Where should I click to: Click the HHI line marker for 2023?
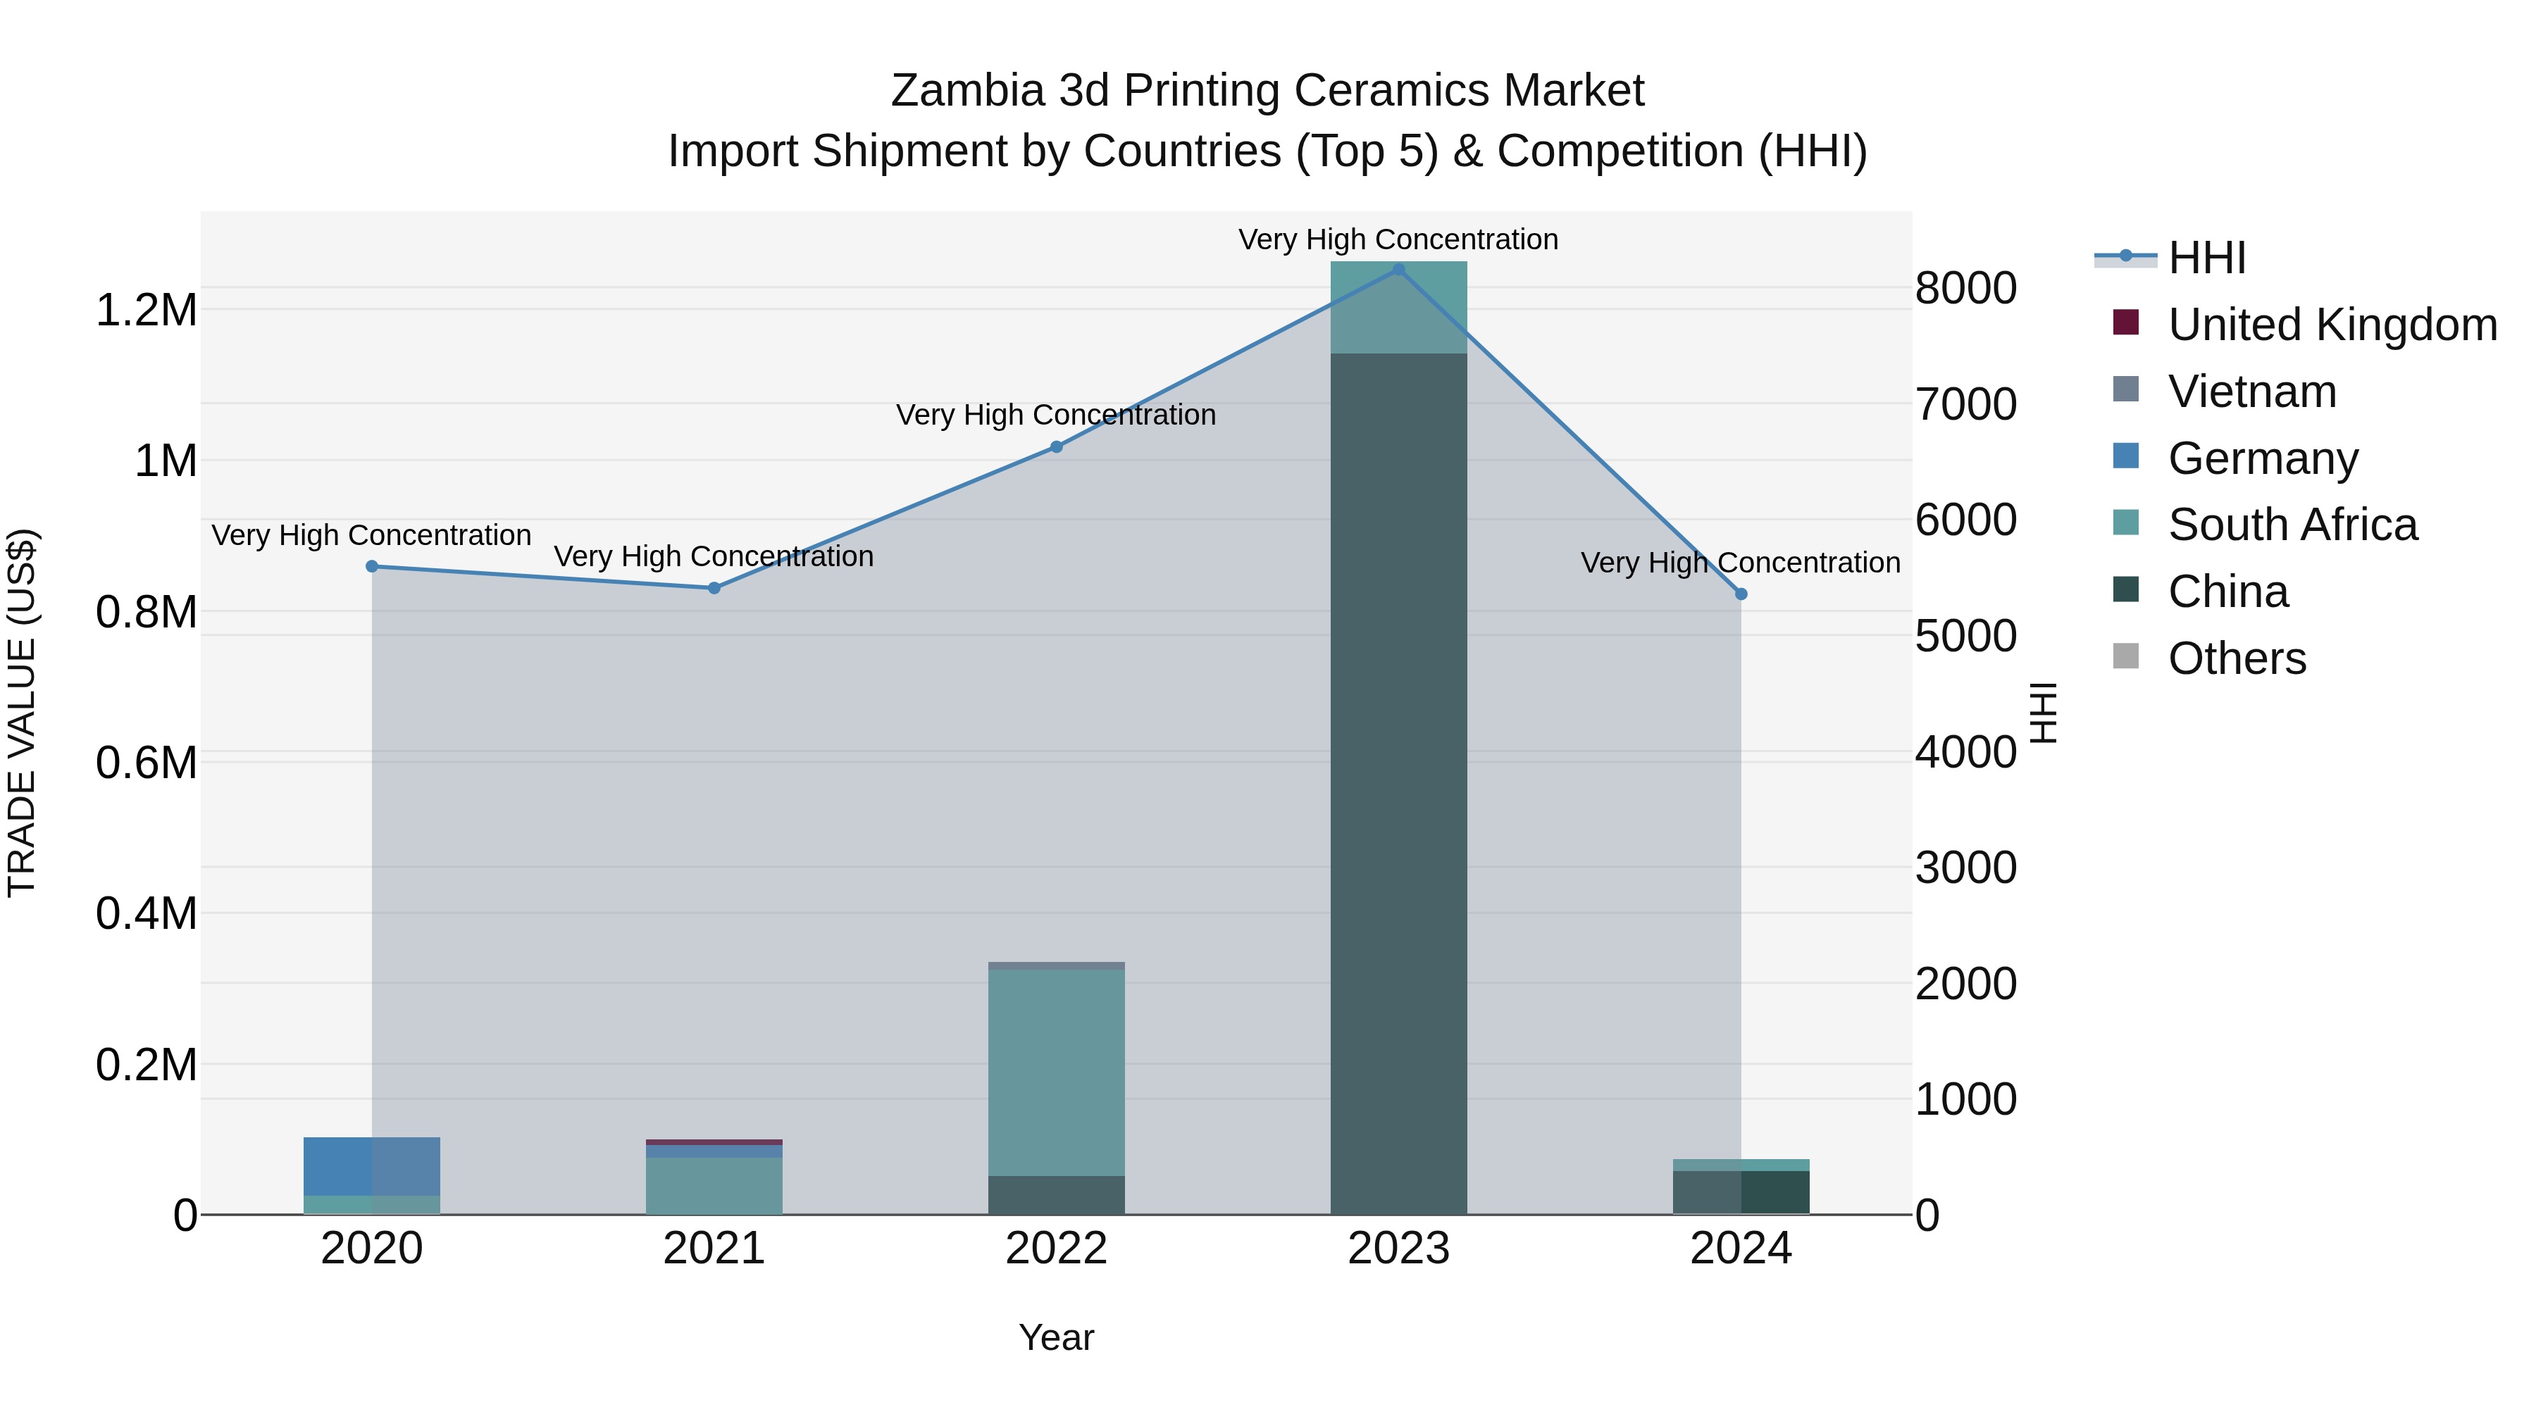[x=1398, y=269]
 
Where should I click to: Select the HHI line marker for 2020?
[x=372, y=566]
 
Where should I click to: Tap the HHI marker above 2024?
[x=1741, y=594]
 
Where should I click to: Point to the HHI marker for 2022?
[x=1057, y=446]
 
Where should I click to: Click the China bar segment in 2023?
[x=1398, y=787]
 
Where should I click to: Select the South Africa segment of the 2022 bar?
[x=1057, y=1072]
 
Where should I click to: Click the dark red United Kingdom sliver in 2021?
[x=714, y=1142]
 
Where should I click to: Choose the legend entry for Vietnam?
[x=2251, y=392]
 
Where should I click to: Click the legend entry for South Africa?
[x=2291, y=525]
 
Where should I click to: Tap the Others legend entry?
[x=2236, y=658]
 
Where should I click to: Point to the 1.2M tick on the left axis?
[x=146, y=310]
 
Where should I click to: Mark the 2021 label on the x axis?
[x=714, y=1249]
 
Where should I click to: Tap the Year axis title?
[x=1057, y=1337]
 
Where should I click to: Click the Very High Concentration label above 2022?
[x=1057, y=415]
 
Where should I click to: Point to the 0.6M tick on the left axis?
[x=146, y=763]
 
